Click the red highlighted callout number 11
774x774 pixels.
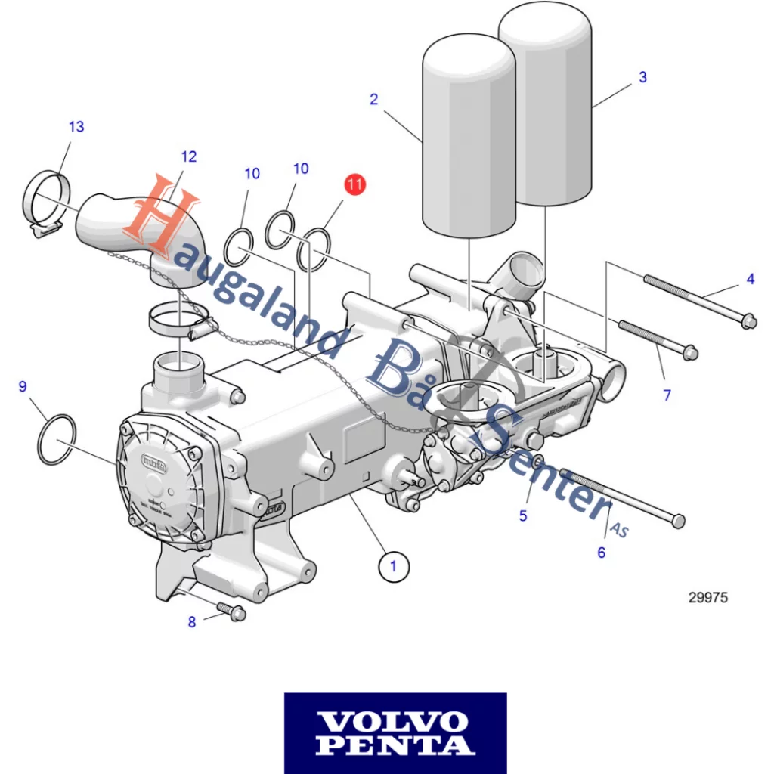pyautogui.click(x=354, y=184)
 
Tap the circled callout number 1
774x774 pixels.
pyautogui.click(x=393, y=565)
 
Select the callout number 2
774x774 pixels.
pyautogui.click(x=373, y=100)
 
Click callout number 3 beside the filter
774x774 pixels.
pyautogui.click(x=642, y=77)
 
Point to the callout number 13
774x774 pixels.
pyautogui.click(x=76, y=126)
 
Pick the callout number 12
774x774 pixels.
pyautogui.click(x=189, y=156)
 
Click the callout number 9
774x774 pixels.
pyautogui.click(x=23, y=387)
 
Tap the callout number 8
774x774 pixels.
pyautogui.click(x=192, y=621)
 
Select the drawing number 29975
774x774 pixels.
pyautogui.click(x=707, y=597)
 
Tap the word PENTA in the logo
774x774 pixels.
pyautogui.click(x=395, y=746)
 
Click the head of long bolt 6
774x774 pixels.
pyautogui.click(x=678, y=521)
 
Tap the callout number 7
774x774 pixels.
pyautogui.click(x=667, y=395)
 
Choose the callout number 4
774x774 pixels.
pyautogui.click(x=750, y=279)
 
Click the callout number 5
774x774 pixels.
pyautogui.click(x=522, y=515)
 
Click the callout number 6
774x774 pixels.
pyautogui.click(x=601, y=553)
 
